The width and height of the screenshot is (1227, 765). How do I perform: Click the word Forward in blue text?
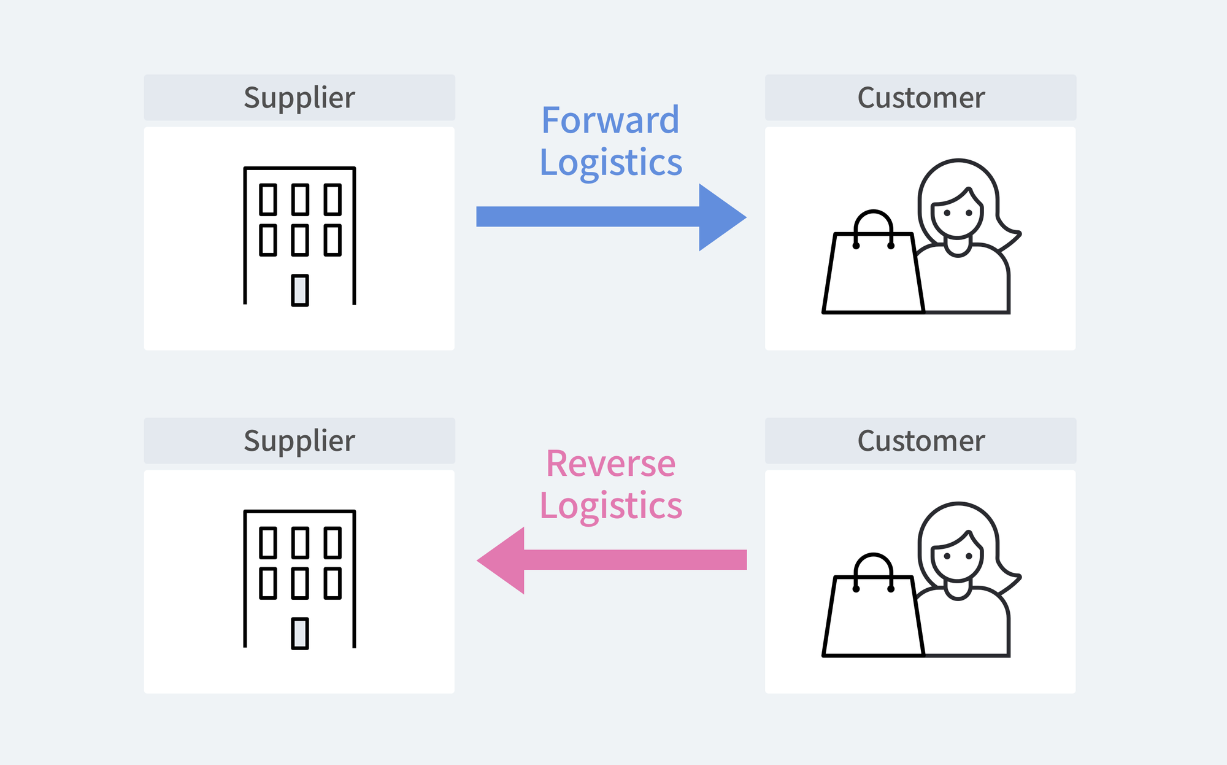click(x=610, y=120)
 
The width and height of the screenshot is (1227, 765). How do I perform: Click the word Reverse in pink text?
click(x=610, y=463)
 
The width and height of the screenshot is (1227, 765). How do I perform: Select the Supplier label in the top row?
click(x=299, y=98)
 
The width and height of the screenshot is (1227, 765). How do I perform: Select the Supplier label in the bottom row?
click(x=299, y=441)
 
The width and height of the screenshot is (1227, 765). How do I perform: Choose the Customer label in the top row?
click(x=920, y=98)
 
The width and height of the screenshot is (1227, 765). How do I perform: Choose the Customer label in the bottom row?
click(x=920, y=441)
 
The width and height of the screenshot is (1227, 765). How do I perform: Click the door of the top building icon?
click(x=300, y=290)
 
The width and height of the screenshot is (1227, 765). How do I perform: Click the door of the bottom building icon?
click(x=300, y=634)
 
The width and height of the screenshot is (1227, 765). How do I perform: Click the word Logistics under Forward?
click(x=610, y=163)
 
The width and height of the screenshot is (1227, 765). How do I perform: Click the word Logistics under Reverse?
click(x=610, y=506)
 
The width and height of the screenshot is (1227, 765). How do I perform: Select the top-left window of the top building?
click(x=268, y=200)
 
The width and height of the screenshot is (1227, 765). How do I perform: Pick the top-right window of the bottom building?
click(x=333, y=543)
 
